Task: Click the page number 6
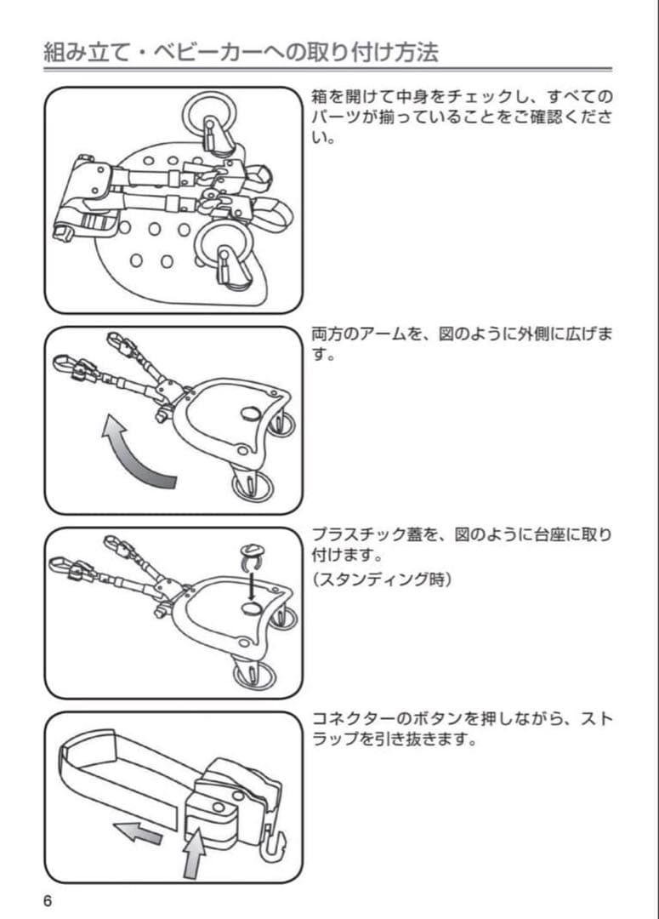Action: tap(48, 900)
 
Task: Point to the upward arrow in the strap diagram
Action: tap(193, 851)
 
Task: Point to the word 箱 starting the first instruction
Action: tap(321, 96)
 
